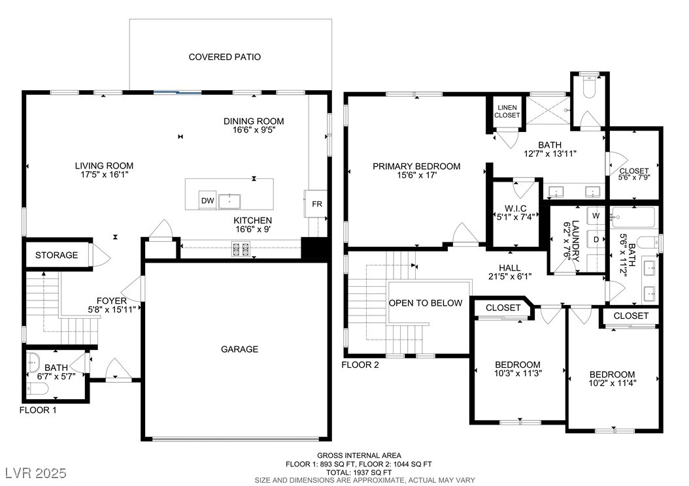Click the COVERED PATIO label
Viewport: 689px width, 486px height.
(224, 57)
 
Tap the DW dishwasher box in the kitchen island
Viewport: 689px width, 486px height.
(207, 201)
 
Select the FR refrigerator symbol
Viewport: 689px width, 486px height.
(316, 204)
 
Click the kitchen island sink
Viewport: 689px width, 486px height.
(230, 201)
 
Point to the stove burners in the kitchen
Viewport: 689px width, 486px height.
(241, 250)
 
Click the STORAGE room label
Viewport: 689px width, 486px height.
(57, 255)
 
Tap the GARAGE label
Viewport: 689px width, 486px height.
(239, 349)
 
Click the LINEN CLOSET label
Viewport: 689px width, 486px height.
(507, 111)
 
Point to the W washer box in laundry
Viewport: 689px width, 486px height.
(596, 216)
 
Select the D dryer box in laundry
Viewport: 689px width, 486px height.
(596, 240)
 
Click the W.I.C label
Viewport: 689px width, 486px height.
(515, 208)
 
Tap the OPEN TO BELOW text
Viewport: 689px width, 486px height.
(426, 303)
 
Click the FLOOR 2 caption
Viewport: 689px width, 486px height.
(360, 364)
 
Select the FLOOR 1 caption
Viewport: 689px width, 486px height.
(38, 410)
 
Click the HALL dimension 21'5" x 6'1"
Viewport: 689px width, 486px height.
(510, 276)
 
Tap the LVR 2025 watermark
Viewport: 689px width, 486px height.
(36, 473)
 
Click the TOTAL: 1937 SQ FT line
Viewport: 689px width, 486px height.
(359, 472)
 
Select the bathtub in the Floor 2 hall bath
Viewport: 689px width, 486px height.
(633, 217)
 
